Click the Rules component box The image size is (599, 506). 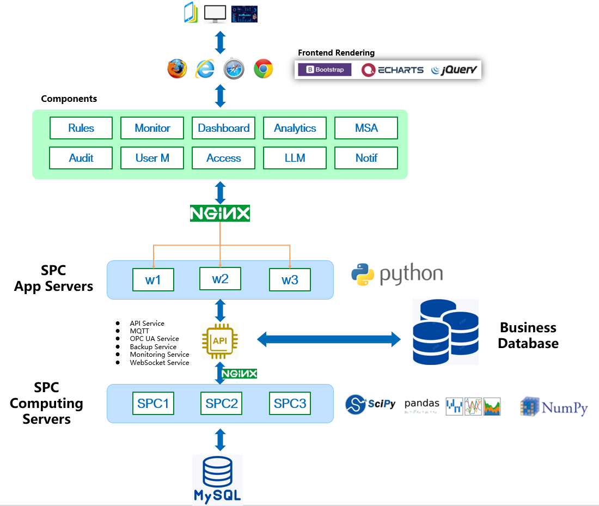click(81, 128)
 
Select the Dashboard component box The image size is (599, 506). click(223, 128)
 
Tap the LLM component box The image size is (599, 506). click(295, 158)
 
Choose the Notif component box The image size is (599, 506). click(366, 158)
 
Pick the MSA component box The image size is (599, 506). click(366, 128)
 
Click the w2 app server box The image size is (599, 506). click(220, 279)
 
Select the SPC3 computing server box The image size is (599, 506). click(290, 404)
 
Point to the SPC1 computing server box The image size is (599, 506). click(153, 404)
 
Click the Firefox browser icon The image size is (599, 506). click(177, 69)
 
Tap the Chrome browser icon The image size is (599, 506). click(263, 69)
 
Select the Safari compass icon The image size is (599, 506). click(234, 69)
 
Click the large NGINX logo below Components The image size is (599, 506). click(220, 213)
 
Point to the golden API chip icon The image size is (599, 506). click(219, 341)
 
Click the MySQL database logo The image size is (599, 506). click(217, 480)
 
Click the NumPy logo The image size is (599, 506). click(554, 406)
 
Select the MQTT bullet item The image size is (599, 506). click(139, 331)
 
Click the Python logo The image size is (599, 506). click(397, 275)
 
